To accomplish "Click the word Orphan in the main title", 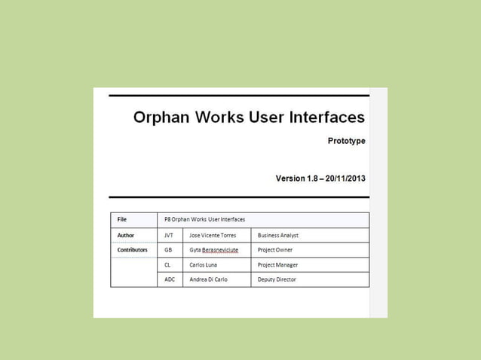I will coord(159,117).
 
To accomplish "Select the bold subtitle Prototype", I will coord(346,141).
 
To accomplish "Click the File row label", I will coord(121,219).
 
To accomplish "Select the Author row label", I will coord(125,235).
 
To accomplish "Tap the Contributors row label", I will coord(132,249).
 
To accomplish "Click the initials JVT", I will coord(169,235).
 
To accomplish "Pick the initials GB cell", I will coord(167,249).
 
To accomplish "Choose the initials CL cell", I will coord(167,264).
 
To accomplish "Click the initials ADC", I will coord(170,279).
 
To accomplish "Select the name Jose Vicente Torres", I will coord(213,235).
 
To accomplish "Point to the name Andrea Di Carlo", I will coord(210,279).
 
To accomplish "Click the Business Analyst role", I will coord(278,235).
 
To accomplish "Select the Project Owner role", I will coord(275,249).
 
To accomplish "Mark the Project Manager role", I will coord(277,264).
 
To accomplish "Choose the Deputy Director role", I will coord(277,279).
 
